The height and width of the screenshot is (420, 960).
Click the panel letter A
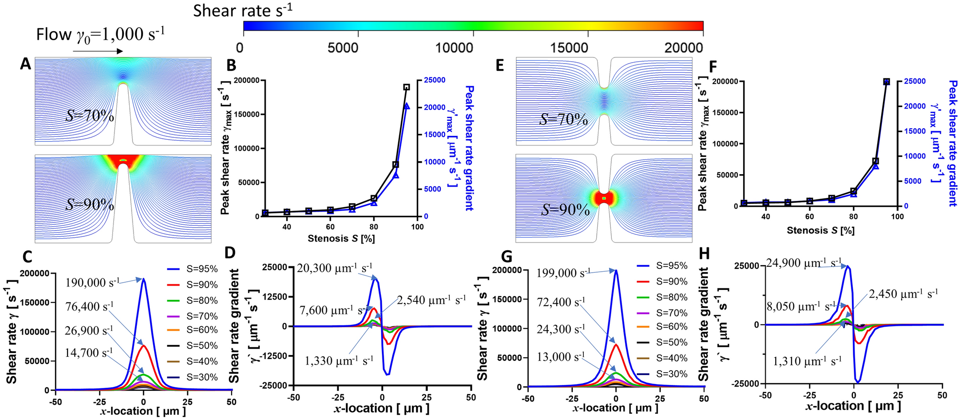[25, 65]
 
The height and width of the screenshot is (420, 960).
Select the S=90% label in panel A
[89, 204]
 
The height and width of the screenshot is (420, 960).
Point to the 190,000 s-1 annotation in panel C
[93, 283]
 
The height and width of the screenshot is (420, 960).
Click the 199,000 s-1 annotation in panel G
[563, 273]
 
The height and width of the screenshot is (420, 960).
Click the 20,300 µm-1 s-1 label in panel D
[335, 268]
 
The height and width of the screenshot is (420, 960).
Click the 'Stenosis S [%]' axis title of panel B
[341, 238]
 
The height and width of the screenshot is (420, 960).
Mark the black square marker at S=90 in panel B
[396, 165]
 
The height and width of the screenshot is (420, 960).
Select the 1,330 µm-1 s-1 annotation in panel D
[339, 361]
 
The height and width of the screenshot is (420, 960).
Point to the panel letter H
[705, 254]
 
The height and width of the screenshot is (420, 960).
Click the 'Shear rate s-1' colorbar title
[243, 10]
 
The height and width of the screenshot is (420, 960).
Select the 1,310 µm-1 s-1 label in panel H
[807, 361]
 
